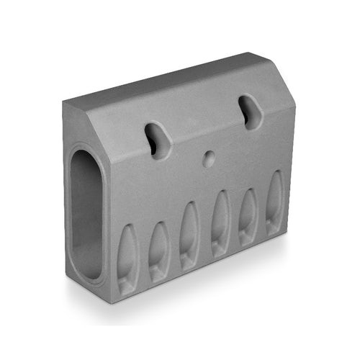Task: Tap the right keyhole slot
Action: coord(250,112)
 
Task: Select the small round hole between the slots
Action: coord(209,158)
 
